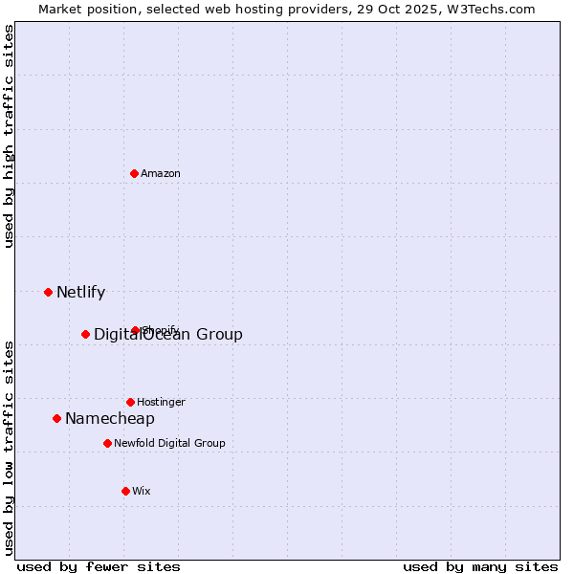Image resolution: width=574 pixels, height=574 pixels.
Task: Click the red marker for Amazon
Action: pos(134,173)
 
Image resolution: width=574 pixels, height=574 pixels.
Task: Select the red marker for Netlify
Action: pos(48,292)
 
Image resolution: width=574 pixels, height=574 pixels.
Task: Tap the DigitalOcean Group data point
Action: pos(85,334)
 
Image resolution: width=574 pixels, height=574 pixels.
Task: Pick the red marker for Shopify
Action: pos(135,330)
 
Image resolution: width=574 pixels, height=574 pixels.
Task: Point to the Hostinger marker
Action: pos(130,402)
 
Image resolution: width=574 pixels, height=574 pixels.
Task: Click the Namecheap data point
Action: pos(56,418)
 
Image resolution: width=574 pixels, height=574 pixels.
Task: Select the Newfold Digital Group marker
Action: pos(107,443)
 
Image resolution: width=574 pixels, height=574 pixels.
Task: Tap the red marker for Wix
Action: pos(125,491)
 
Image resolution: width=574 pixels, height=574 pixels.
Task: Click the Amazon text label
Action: pos(161,173)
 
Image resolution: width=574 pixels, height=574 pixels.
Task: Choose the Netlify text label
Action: pos(80,293)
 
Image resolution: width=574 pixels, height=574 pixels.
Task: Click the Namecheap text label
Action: pos(110,419)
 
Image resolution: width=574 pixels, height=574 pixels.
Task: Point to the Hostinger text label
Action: pos(161,402)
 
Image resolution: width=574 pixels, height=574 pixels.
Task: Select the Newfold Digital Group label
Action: pos(169,443)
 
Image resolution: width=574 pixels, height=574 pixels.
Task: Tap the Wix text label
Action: pos(142,491)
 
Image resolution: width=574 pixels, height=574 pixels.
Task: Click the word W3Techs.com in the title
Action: pos(494,9)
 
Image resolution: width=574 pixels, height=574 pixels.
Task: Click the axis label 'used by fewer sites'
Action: pos(99,566)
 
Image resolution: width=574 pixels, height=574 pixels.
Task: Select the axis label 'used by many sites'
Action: pos(480,566)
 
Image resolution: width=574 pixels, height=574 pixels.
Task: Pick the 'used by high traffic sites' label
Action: pos(9,136)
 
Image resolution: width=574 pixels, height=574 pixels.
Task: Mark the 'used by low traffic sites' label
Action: pos(9,447)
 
